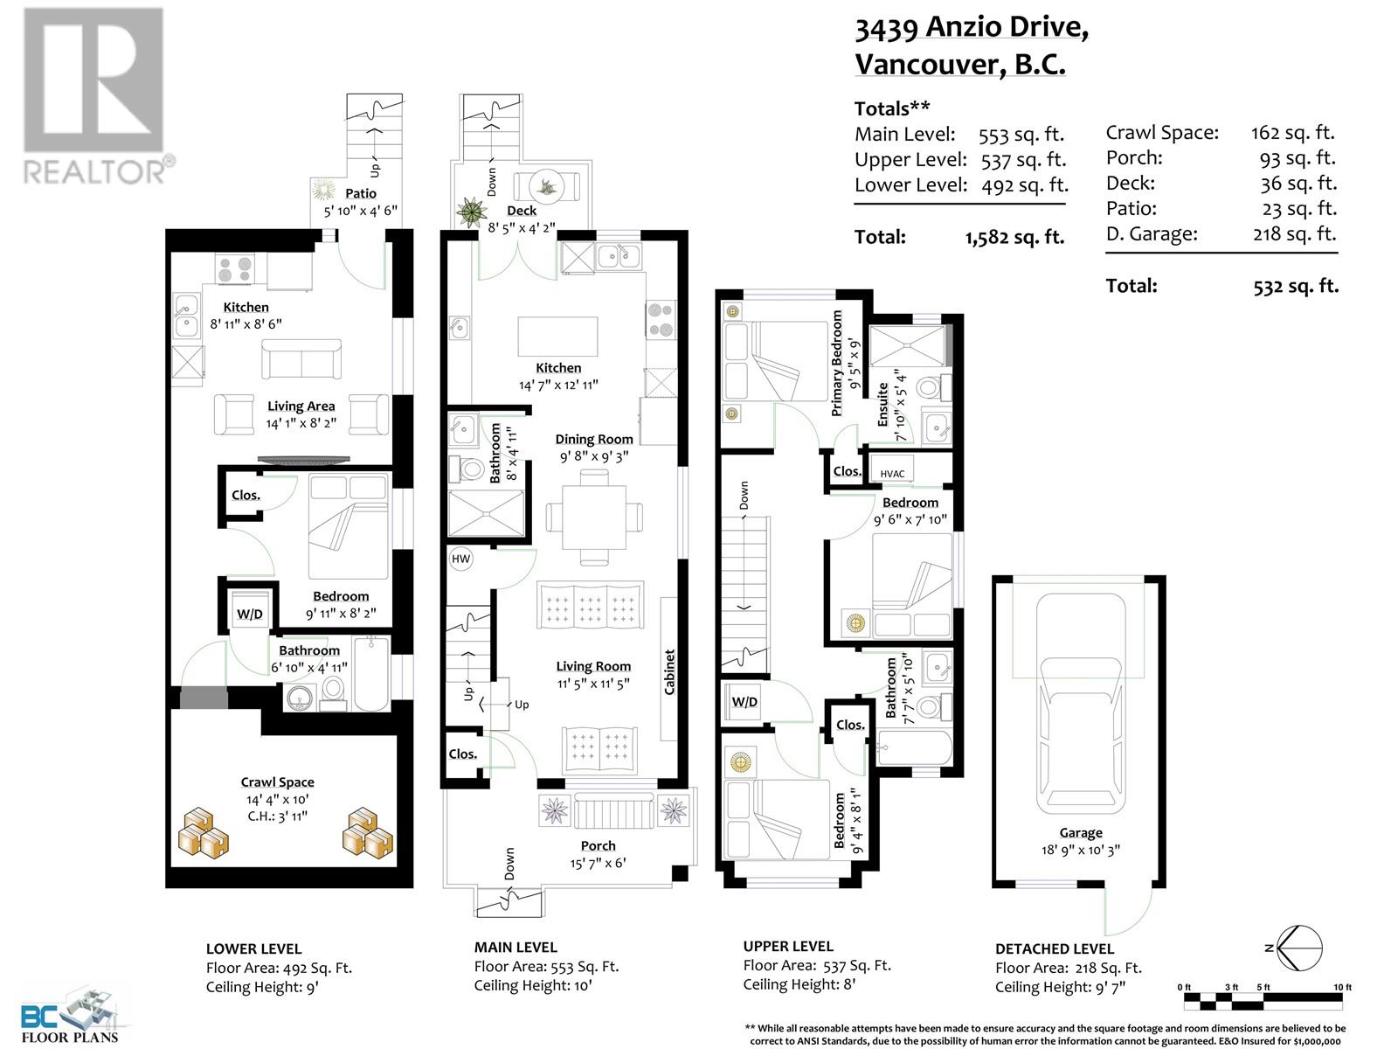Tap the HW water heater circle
460,559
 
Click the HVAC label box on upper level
892,473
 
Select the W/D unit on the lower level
250,613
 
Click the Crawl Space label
278,782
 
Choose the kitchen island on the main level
558,335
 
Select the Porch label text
599,845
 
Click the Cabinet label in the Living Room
670,671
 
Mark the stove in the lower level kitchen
235,268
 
